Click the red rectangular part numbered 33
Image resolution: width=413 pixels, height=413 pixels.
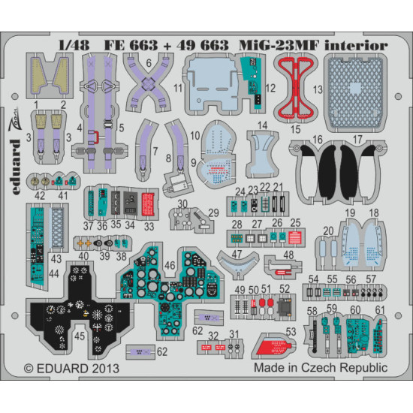[x=147, y=201]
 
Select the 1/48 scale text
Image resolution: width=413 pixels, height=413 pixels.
[x=67, y=45]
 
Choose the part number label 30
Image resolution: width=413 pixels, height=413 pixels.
[x=182, y=204]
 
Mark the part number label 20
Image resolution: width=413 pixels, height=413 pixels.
[x=327, y=231]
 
